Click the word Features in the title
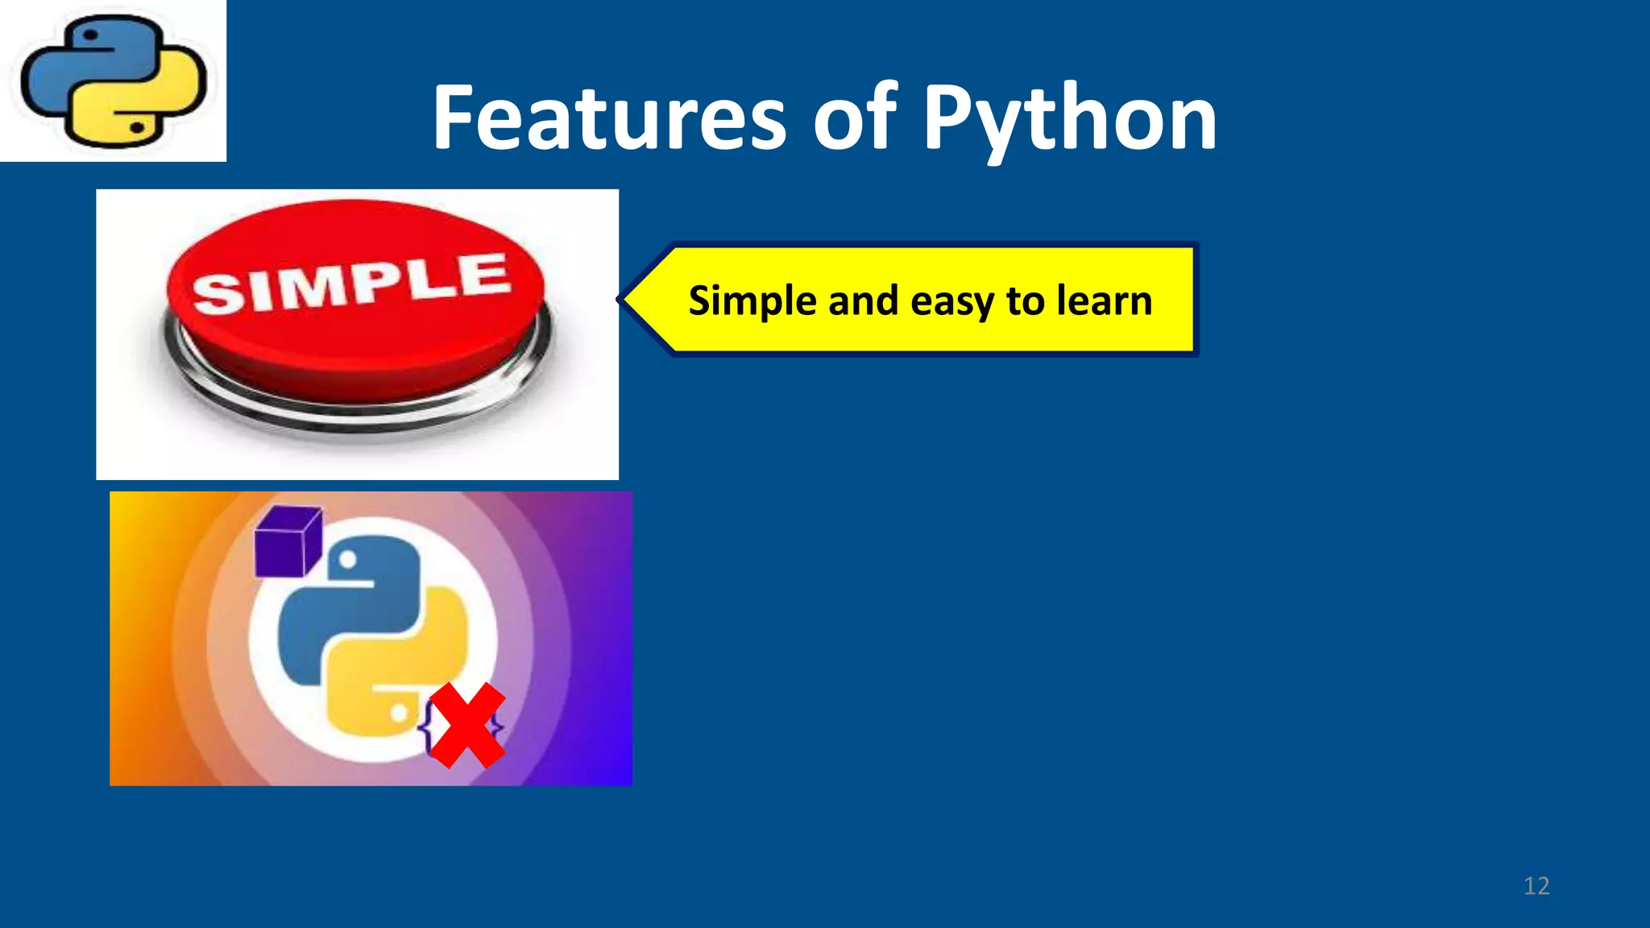608,119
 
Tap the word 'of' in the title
854,119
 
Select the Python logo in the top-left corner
113,81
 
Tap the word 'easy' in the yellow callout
952,302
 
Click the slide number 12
1536,886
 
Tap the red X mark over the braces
466,725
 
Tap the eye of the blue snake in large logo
348,559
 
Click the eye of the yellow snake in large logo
399,713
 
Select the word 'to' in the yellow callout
1025,300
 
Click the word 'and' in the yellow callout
862,300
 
